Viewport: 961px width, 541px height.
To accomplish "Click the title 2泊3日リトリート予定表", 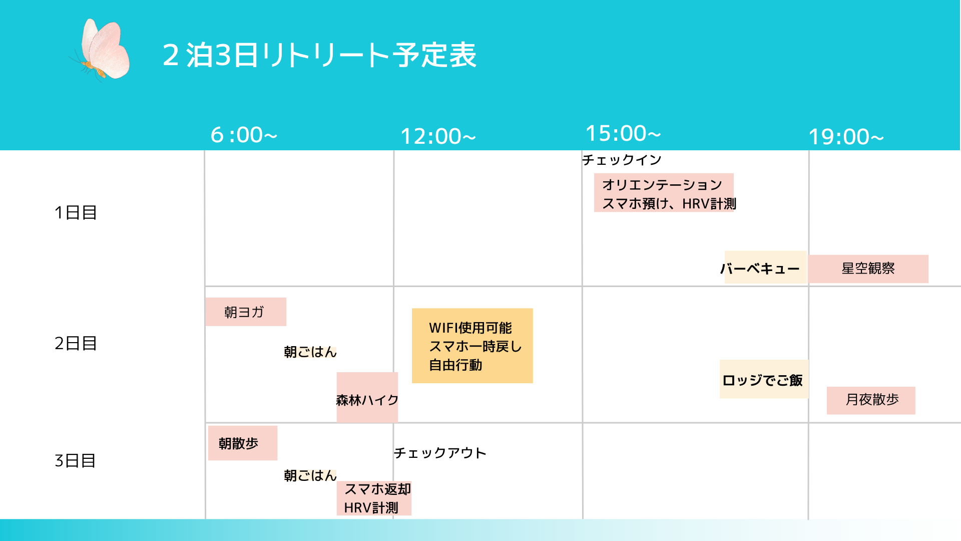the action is tap(319, 55).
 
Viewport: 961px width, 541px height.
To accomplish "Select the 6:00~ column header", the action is tap(244, 135).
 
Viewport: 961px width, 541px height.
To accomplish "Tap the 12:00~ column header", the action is tap(438, 136).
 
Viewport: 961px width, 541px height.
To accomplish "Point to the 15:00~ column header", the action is tap(623, 133).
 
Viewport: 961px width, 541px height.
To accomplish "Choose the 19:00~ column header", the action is tap(846, 137).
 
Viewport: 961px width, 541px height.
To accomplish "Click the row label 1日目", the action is tap(76, 212).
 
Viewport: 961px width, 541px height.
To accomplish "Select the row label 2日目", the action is tap(76, 343).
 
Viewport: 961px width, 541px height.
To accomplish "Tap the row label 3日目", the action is tap(75, 460).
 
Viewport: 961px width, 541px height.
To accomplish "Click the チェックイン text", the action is tap(622, 160).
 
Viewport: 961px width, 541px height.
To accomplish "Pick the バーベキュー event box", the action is tap(765, 267).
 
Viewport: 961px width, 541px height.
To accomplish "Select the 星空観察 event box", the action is tap(868, 268).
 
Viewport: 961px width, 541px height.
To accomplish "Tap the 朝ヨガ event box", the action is tap(246, 312).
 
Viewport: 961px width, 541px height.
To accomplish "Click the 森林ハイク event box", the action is tap(367, 397).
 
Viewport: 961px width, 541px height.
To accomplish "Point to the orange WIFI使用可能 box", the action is tap(472, 346).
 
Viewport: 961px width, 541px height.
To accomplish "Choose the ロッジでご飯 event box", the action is tap(764, 379).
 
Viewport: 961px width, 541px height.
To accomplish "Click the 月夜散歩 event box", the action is tap(871, 400).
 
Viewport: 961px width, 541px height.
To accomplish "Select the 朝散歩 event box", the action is tap(243, 443).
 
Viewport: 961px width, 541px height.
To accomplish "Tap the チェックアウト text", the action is tap(440, 453).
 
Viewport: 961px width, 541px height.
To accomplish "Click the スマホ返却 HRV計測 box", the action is tap(374, 498).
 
